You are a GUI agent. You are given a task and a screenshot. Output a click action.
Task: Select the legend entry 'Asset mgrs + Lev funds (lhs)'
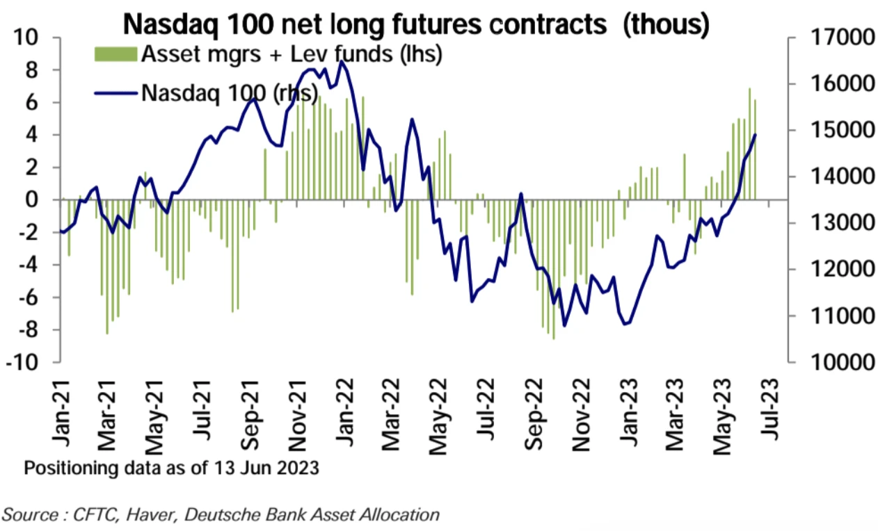click(292, 54)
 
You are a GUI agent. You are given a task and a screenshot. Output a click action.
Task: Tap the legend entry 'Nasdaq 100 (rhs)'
click(230, 91)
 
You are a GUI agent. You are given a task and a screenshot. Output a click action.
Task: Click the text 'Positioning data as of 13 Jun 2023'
click(172, 468)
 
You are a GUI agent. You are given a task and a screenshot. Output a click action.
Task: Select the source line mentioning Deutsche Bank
click(221, 515)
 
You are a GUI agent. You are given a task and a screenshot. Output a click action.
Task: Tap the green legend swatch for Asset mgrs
click(115, 54)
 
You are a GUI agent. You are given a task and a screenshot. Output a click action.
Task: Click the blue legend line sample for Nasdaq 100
click(115, 92)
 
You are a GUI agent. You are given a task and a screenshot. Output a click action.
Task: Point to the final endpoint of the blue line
click(756, 135)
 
